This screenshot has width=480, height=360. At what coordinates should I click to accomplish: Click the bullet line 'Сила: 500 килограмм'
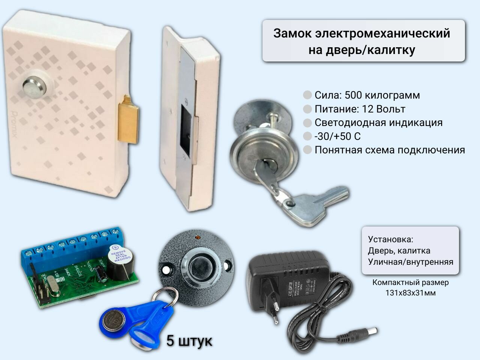[x=367, y=95]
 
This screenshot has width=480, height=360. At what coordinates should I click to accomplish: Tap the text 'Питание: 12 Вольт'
[x=360, y=109]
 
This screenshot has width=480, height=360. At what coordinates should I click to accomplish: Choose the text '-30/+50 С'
[x=337, y=136]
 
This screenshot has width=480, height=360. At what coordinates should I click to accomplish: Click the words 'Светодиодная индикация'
[x=378, y=123]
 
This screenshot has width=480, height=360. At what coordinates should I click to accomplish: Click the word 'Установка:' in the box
[x=390, y=239]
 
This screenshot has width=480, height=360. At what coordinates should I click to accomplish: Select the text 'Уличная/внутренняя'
[x=410, y=262]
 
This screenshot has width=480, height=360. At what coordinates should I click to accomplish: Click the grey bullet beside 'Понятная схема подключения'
[x=307, y=150]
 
